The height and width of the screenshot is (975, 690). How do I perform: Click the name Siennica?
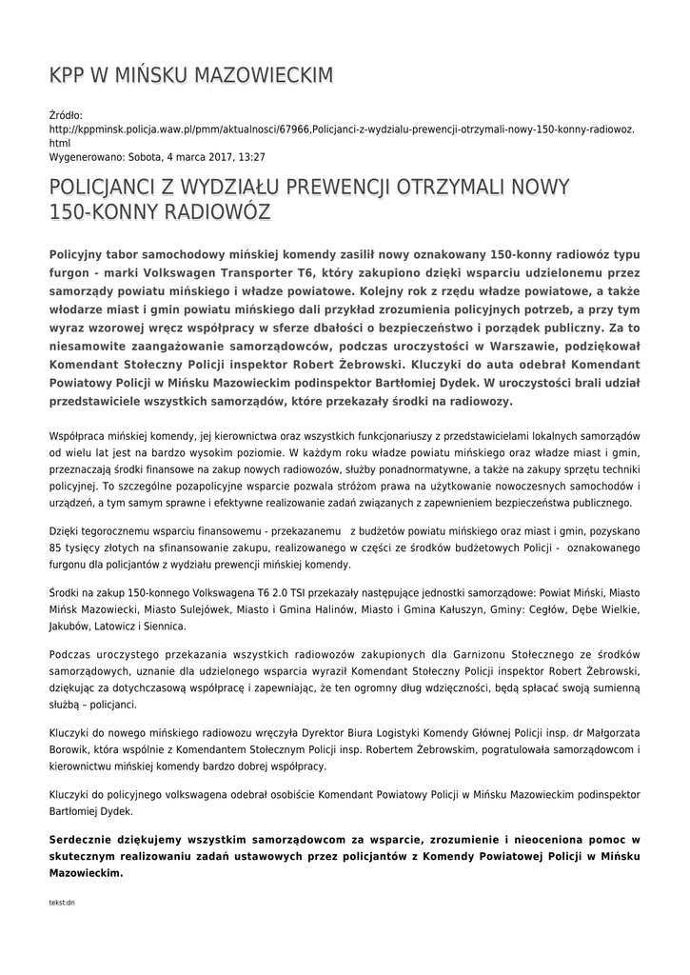coord(165,626)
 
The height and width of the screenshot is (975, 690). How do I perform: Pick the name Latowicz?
coord(116,626)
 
